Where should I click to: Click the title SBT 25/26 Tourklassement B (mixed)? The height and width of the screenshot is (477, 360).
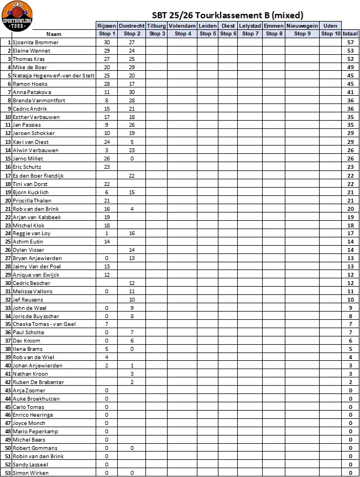pos(227,15)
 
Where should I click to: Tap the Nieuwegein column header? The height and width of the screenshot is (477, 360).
pos(302,26)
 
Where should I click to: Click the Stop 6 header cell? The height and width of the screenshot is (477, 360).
pos(228,34)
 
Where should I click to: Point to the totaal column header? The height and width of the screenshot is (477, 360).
pos(350,34)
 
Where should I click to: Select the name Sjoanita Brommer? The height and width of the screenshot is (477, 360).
pos(35,42)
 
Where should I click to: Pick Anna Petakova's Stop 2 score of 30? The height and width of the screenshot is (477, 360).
pos(132,92)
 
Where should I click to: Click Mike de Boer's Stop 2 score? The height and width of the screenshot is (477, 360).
pos(132,67)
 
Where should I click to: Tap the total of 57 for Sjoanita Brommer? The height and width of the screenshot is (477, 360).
pos(350,42)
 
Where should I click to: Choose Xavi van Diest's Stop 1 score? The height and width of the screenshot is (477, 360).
pos(107,142)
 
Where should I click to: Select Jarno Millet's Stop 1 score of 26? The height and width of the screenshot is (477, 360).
pos(107,158)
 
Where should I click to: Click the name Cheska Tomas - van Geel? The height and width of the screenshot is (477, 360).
pos(44,324)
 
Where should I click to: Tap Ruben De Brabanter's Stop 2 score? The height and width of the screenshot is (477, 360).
pos(132,382)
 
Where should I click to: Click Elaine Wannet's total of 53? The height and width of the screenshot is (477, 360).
pos(350,50)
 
